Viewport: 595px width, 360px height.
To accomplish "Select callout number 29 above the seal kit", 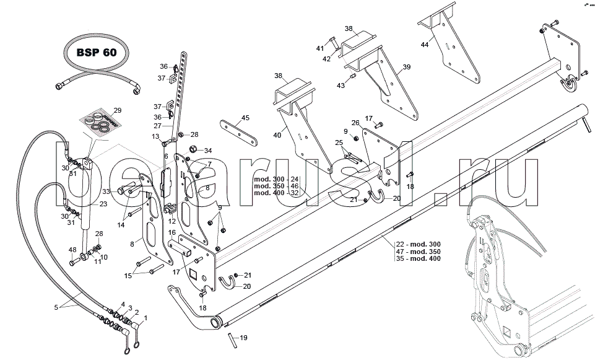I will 117,110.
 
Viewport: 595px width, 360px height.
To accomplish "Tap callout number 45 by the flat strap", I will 245,118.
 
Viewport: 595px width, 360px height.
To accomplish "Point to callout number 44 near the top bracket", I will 425,45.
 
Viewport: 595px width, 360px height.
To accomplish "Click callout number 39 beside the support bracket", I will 406,68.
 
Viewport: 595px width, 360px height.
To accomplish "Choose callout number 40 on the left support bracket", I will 277,136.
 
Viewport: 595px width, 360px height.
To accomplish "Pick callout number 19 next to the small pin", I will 243,338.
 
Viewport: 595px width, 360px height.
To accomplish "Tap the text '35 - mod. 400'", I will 419,258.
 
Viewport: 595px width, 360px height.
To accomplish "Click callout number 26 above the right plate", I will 355,123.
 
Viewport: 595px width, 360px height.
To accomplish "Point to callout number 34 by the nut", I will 208,151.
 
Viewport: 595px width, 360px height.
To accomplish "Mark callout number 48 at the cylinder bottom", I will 72,250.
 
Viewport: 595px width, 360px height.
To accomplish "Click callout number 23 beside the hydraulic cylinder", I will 103,204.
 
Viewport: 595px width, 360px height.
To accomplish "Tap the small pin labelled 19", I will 230,340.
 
